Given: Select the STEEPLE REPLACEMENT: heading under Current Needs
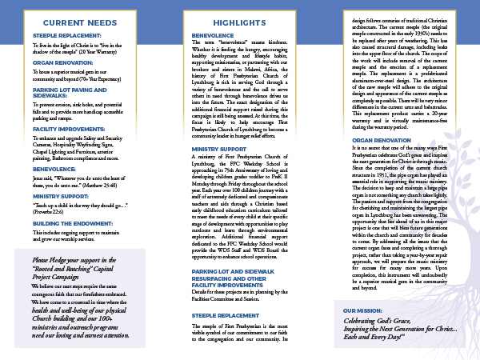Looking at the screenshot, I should pyautogui.click(x=66, y=36).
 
